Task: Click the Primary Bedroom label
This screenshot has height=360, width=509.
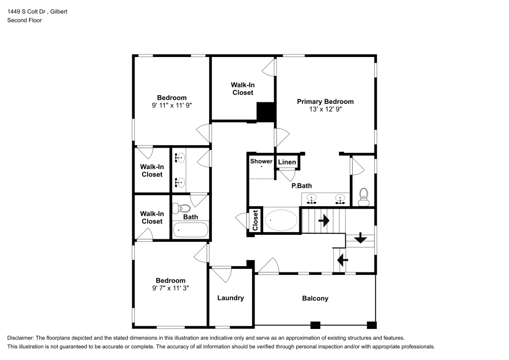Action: click(325, 101)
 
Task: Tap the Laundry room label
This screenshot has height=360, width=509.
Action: click(231, 298)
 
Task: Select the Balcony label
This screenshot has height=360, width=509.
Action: click(315, 298)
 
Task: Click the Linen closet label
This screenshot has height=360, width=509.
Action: click(287, 162)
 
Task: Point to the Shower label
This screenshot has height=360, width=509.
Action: click(261, 161)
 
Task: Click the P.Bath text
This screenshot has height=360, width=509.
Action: click(301, 186)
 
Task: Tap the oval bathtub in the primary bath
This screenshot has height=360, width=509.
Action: click(281, 221)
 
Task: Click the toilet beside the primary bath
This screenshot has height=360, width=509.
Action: click(363, 197)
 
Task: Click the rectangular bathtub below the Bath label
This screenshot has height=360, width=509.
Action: click(190, 230)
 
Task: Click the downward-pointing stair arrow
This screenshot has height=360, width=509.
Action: click(360, 238)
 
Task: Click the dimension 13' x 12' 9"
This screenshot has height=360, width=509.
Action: click(325, 109)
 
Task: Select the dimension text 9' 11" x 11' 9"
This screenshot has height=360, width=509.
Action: click(172, 105)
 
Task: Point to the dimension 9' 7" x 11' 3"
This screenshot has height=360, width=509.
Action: click(171, 288)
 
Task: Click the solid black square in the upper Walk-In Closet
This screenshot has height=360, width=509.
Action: click(266, 112)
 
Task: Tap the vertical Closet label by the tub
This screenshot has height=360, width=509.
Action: click(255, 220)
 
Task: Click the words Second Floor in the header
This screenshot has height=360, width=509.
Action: click(24, 20)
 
